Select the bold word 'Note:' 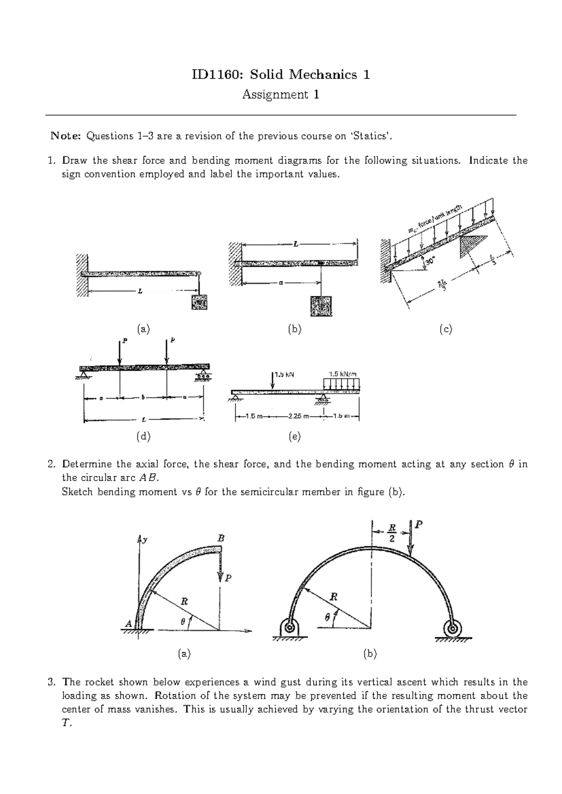coord(66,136)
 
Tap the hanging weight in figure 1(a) coord(199,303)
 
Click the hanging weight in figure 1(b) coord(321,307)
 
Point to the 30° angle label coord(431,261)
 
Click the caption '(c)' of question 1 coord(445,330)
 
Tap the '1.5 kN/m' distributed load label coord(342,374)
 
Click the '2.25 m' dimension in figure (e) coord(299,416)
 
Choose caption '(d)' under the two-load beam coord(143,436)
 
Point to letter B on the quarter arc coord(221,538)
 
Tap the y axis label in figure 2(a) coord(145,540)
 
